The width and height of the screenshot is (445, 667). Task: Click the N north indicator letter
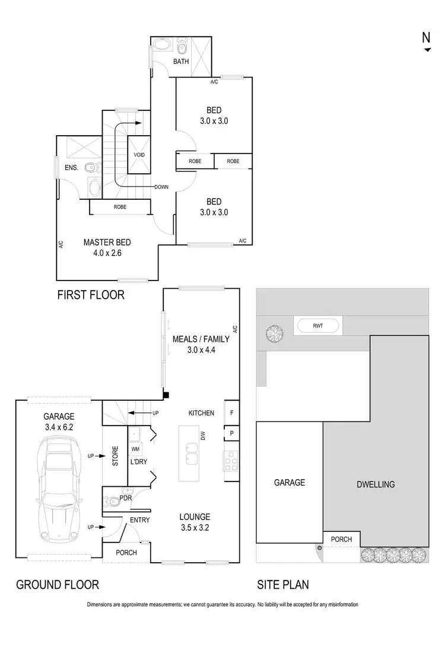(x=426, y=37)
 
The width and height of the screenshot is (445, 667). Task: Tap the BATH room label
(x=181, y=62)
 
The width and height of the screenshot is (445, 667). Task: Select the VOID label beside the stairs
(x=139, y=155)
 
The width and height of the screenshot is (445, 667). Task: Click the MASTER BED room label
(x=107, y=242)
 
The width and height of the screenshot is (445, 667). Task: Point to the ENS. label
(x=72, y=168)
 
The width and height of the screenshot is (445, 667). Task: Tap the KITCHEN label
(x=201, y=413)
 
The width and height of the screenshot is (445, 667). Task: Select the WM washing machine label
(x=135, y=450)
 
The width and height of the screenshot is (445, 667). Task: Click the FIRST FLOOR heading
(x=91, y=295)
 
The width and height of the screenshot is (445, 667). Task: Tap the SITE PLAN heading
(x=282, y=585)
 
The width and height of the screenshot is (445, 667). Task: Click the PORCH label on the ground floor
(x=126, y=553)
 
